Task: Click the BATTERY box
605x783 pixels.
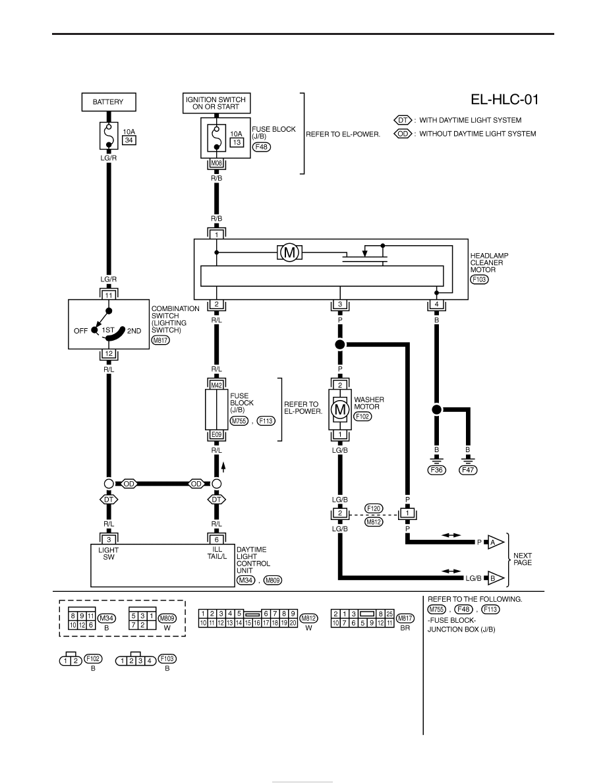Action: point(108,102)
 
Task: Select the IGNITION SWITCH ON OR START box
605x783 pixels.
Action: point(216,103)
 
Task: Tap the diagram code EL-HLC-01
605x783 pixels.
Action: point(505,100)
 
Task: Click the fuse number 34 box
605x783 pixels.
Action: point(129,140)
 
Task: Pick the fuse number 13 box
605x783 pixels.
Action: point(237,142)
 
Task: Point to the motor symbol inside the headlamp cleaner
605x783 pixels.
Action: point(289,252)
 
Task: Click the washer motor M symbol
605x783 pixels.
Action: point(340,410)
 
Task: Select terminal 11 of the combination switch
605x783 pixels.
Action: point(109,295)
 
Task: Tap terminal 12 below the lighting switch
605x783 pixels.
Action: point(109,354)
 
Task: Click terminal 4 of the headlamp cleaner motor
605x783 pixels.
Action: point(437,304)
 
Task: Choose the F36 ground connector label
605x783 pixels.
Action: point(437,470)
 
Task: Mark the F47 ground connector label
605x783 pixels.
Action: point(468,470)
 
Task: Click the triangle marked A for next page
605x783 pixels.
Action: point(495,542)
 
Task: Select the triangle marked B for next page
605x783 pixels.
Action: point(495,578)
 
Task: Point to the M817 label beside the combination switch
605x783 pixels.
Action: point(161,341)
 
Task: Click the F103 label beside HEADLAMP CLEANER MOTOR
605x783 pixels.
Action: point(479,279)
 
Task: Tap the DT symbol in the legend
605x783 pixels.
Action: point(403,121)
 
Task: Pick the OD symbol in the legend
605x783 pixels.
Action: point(403,134)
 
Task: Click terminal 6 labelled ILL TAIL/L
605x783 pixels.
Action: point(217,539)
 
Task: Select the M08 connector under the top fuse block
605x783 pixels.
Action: point(217,163)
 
